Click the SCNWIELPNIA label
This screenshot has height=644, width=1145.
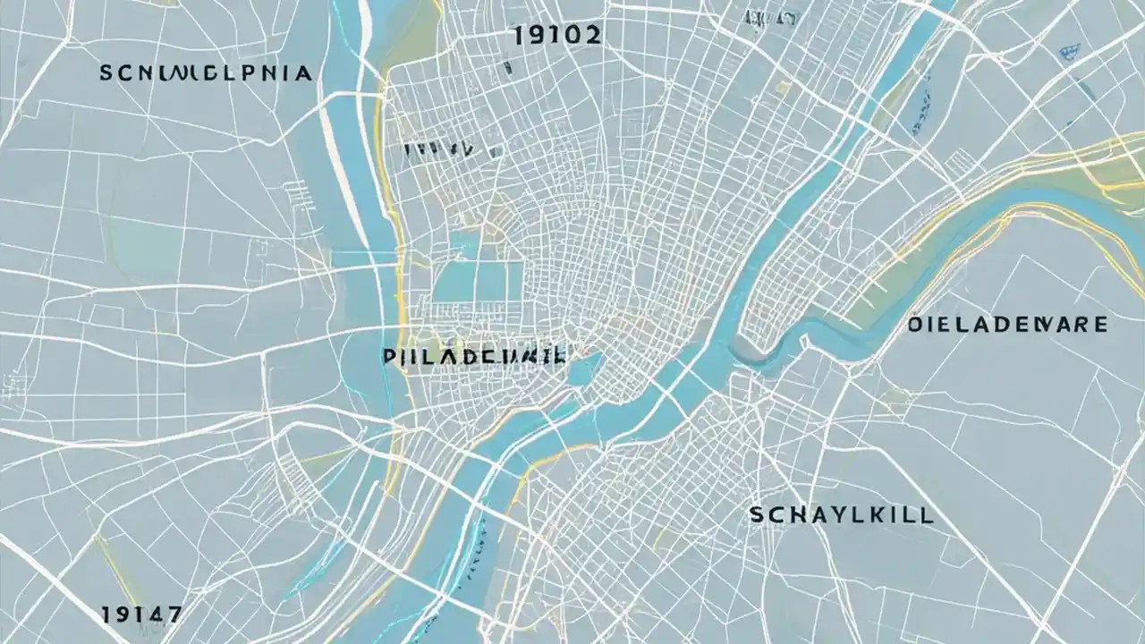click(207, 73)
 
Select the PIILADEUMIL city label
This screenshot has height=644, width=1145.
click(474, 356)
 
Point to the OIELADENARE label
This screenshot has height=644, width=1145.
click(1007, 324)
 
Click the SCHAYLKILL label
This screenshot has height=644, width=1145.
click(841, 515)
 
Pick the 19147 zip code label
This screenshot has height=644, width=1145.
click(141, 614)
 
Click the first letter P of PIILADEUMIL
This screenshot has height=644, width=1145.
click(388, 356)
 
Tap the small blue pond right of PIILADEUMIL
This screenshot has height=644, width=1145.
click(581, 369)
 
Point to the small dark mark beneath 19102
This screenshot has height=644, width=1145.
click(507, 67)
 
